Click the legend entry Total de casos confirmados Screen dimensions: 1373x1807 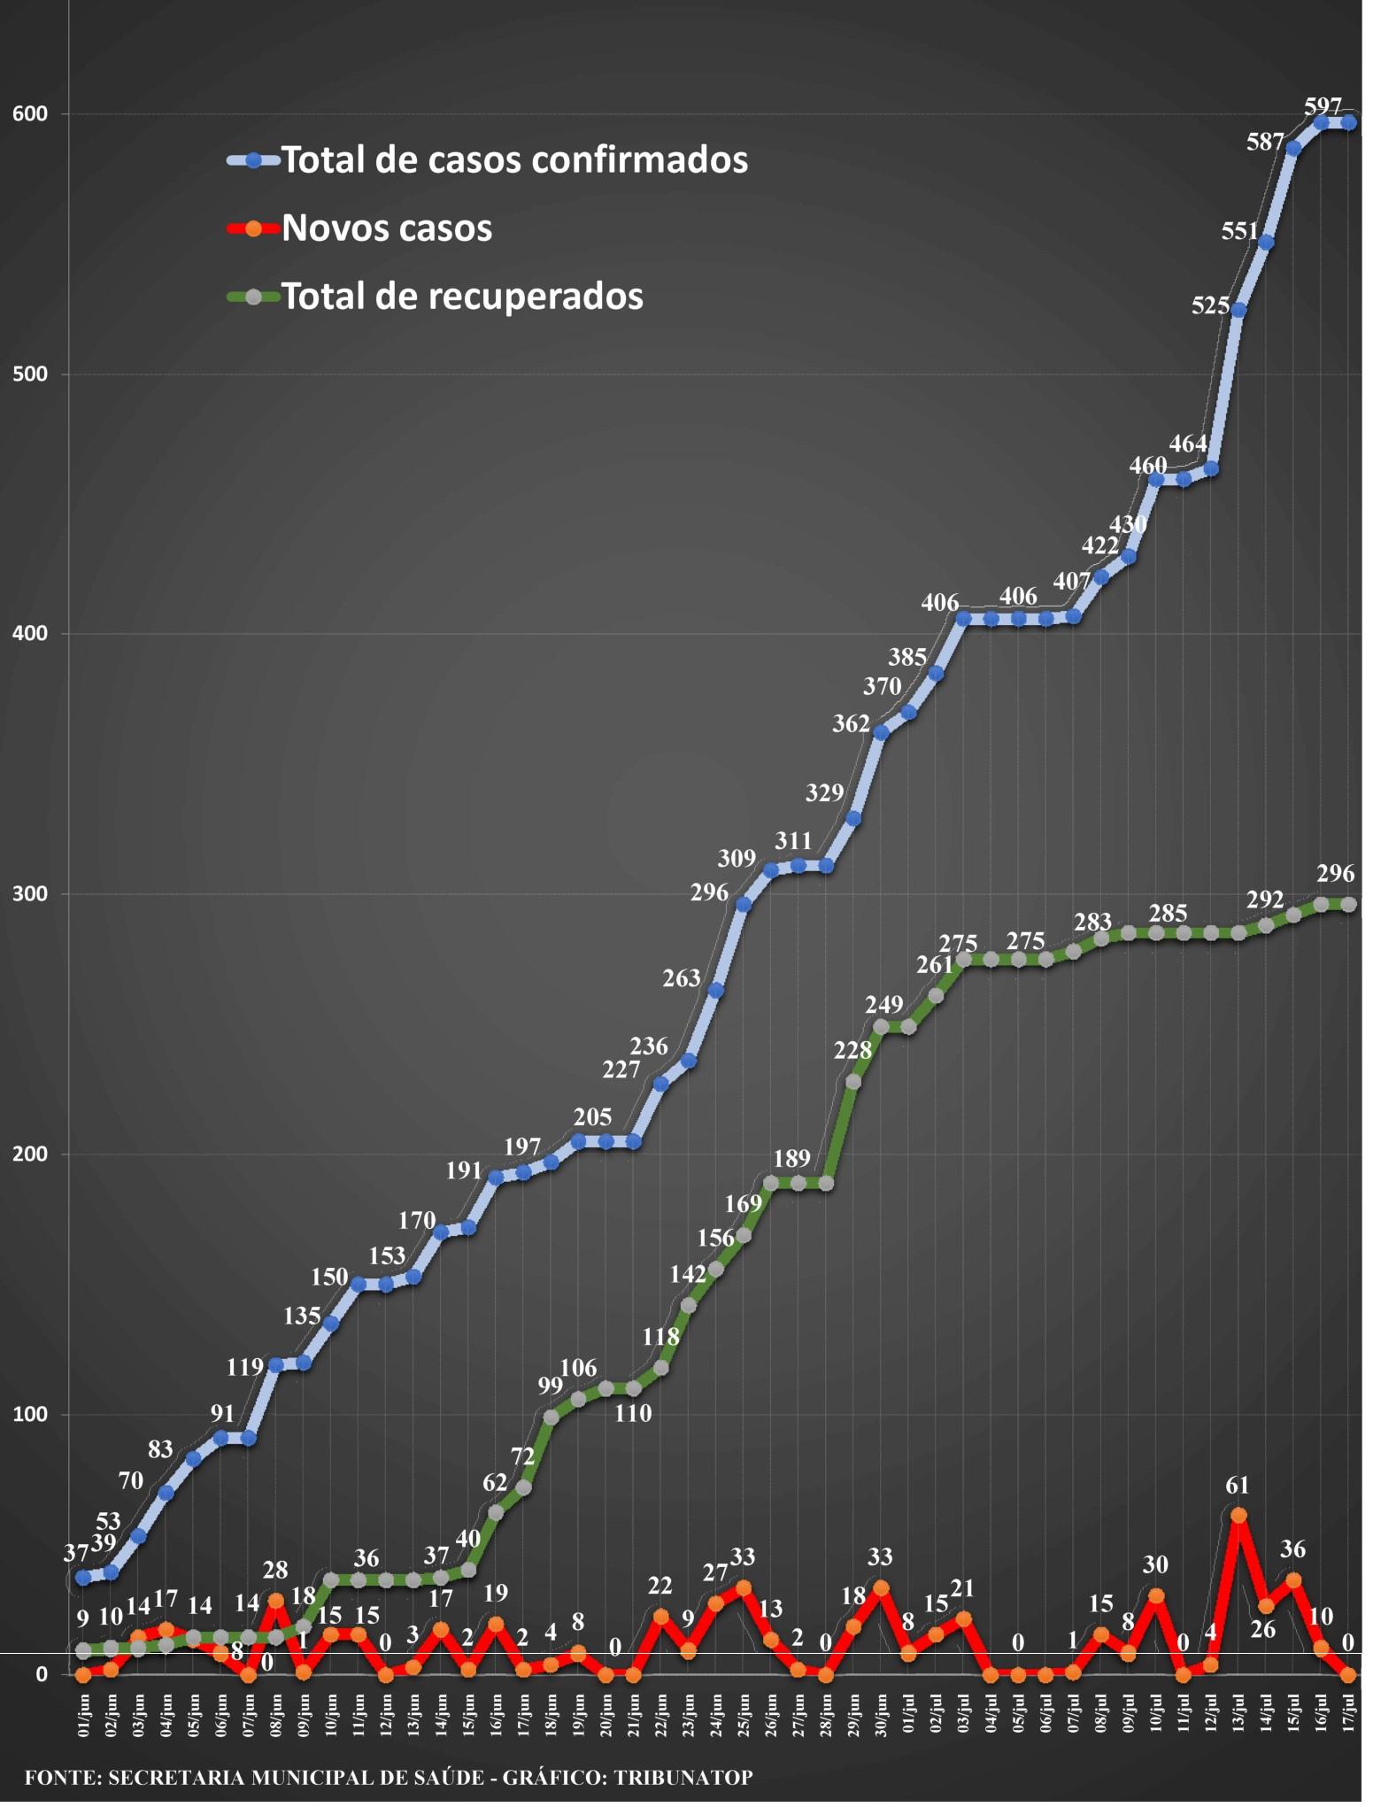click(x=488, y=160)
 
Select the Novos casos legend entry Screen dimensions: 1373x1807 click(x=359, y=228)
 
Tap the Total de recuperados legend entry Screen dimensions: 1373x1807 click(x=435, y=296)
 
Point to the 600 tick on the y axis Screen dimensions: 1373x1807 click(x=29, y=114)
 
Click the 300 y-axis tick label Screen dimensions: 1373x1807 click(x=29, y=894)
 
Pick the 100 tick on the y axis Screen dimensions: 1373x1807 click(x=29, y=1414)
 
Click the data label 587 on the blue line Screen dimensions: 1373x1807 click(x=1265, y=142)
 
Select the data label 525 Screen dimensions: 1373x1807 click(x=1210, y=306)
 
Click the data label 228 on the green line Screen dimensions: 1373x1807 click(x=852, y=1050)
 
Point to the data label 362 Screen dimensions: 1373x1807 click(x=851, y=724)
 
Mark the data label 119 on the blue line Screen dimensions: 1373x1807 click(x=244, y=1367)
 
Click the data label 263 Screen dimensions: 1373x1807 click(x=681, y=978)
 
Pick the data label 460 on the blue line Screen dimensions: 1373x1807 click(x=1148, y=466)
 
